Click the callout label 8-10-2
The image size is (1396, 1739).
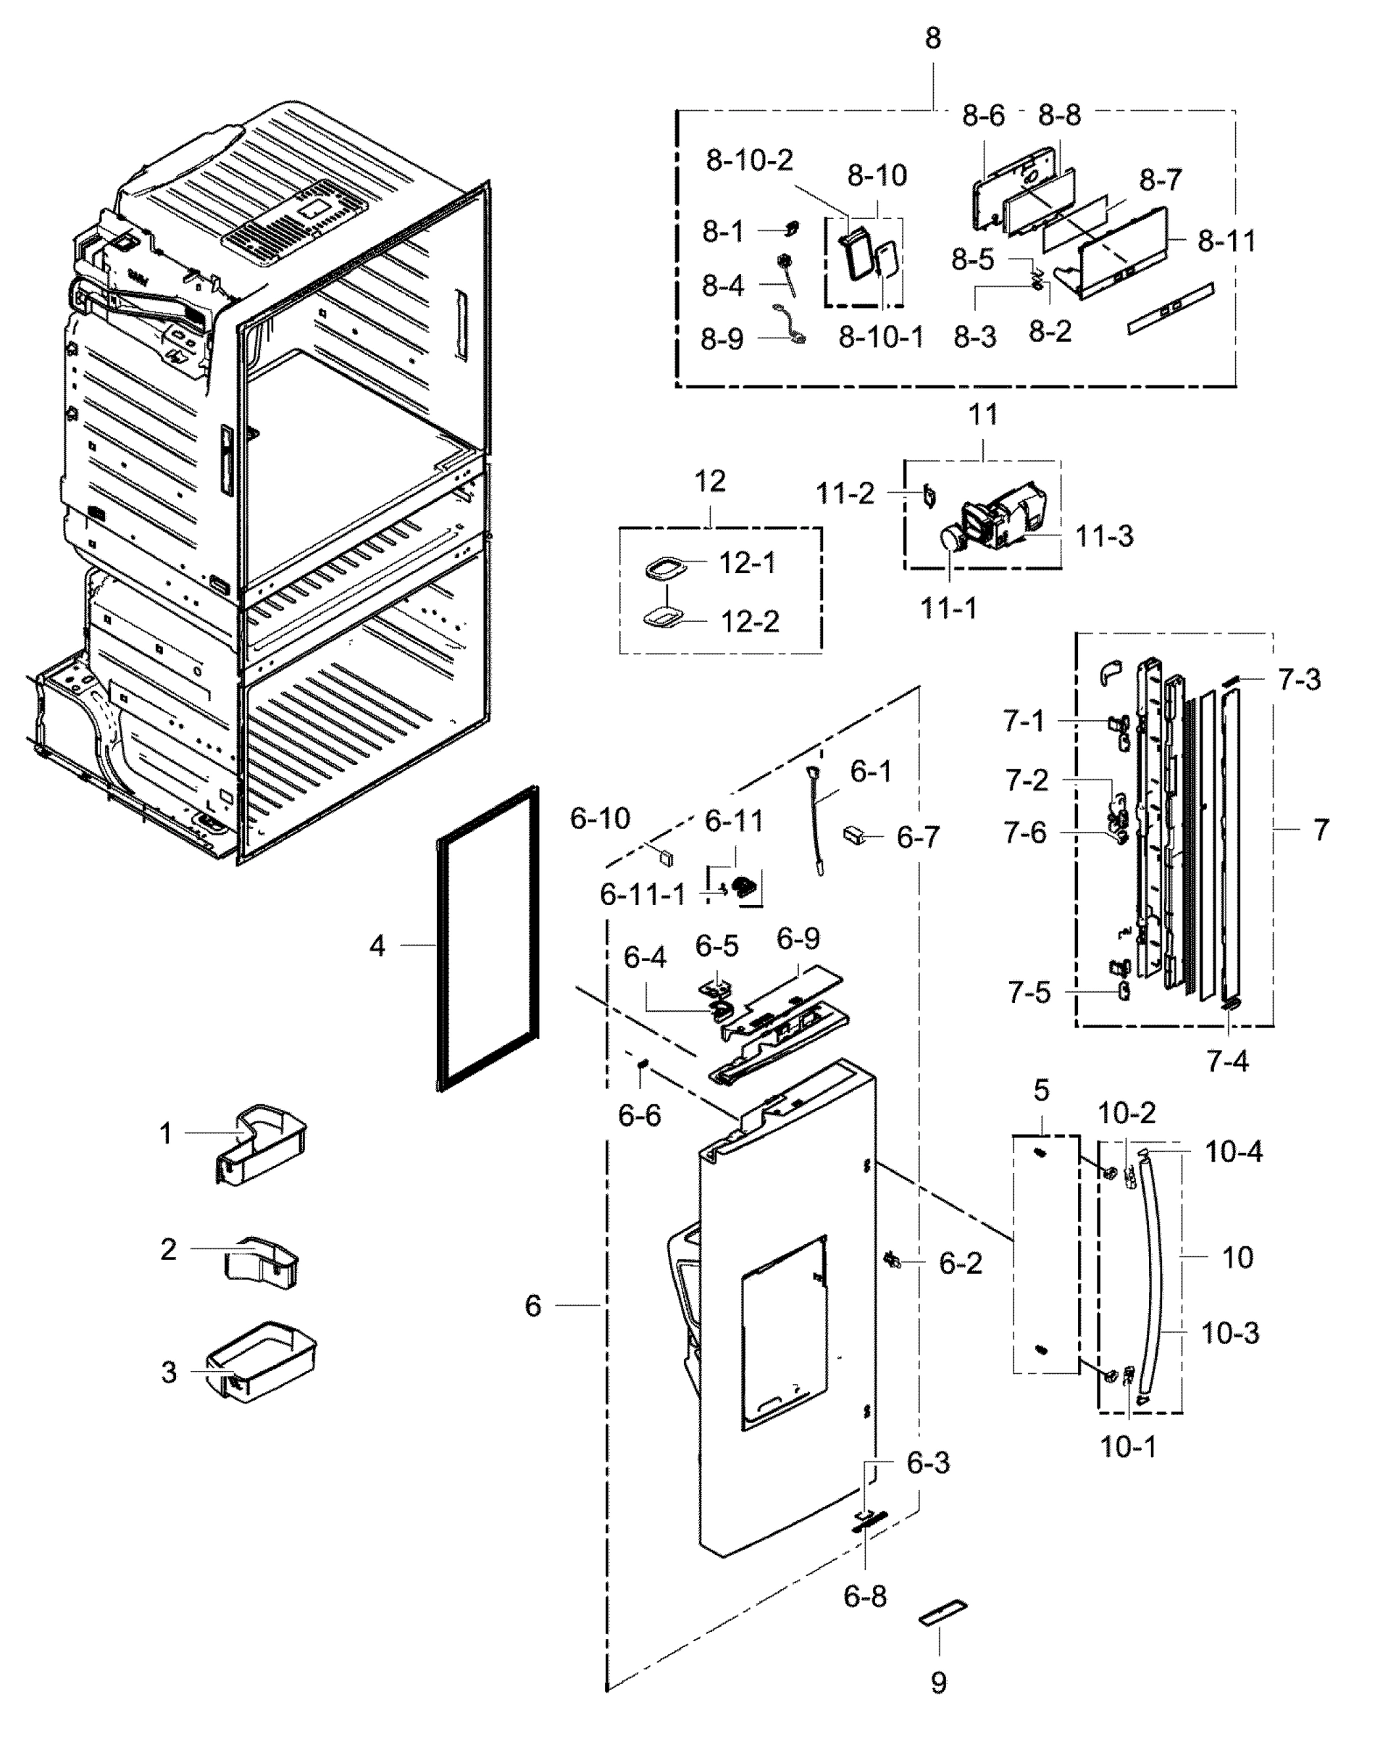click(749, 161)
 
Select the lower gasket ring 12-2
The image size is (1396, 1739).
click(664, 620)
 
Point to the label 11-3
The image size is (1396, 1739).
click(1104, 535)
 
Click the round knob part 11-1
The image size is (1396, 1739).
click(953, 539)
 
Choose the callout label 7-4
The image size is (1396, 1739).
click(1226, 1062)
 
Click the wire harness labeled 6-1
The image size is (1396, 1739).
click(816, 822)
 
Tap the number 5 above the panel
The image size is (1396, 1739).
click(1041, 1090)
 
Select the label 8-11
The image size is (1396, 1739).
click(1226, 241)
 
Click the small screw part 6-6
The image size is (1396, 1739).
click(643, 1067)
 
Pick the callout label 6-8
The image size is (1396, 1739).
click(864, 1596)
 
